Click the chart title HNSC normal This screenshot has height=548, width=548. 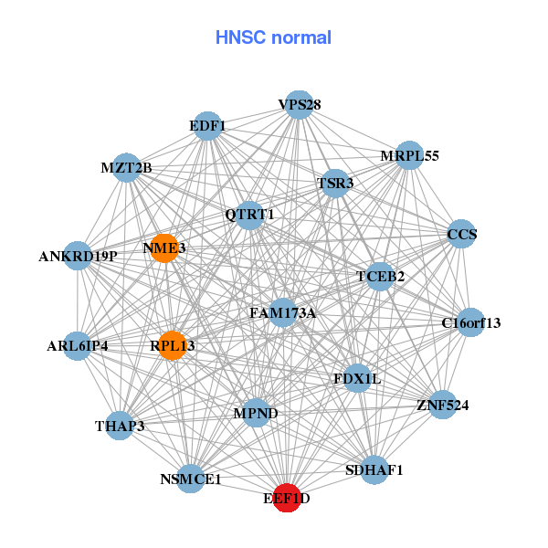point(273,38)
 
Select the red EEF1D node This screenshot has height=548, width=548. point(288,498)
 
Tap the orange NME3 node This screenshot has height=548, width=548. point(163,248)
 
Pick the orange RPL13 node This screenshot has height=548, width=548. point(173,345)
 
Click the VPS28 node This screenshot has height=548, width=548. point(299,105)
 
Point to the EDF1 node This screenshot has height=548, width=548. point(208,125)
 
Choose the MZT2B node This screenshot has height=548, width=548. point(128,168)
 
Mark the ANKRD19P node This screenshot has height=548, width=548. point(79,256)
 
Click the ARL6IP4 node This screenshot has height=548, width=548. point(78,346)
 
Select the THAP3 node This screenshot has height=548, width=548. point(120,426)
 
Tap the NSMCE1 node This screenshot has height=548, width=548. point(190,478)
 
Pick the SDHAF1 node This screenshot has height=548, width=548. point(374,470)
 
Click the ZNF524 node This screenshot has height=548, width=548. point(442,405)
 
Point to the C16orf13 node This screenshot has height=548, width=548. point(470,322)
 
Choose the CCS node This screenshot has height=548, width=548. point(461,235)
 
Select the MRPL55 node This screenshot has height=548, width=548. point(409,156)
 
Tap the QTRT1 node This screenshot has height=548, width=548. point(250,215)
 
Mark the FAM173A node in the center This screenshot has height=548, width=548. point(282,313)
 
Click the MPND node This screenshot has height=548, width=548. point(256,413)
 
